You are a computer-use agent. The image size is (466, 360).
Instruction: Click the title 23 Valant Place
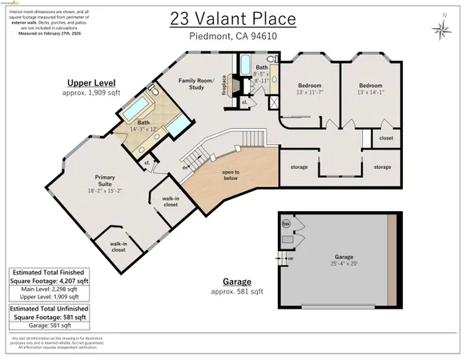click(232, 19)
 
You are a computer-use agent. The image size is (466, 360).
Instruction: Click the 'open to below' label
click(231, 175)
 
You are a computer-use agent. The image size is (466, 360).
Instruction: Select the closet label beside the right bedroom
click(386, 138)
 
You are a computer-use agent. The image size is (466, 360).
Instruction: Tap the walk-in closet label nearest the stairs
click(170, 201)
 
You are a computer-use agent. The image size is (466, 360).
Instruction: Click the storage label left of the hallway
click(299, 167)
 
